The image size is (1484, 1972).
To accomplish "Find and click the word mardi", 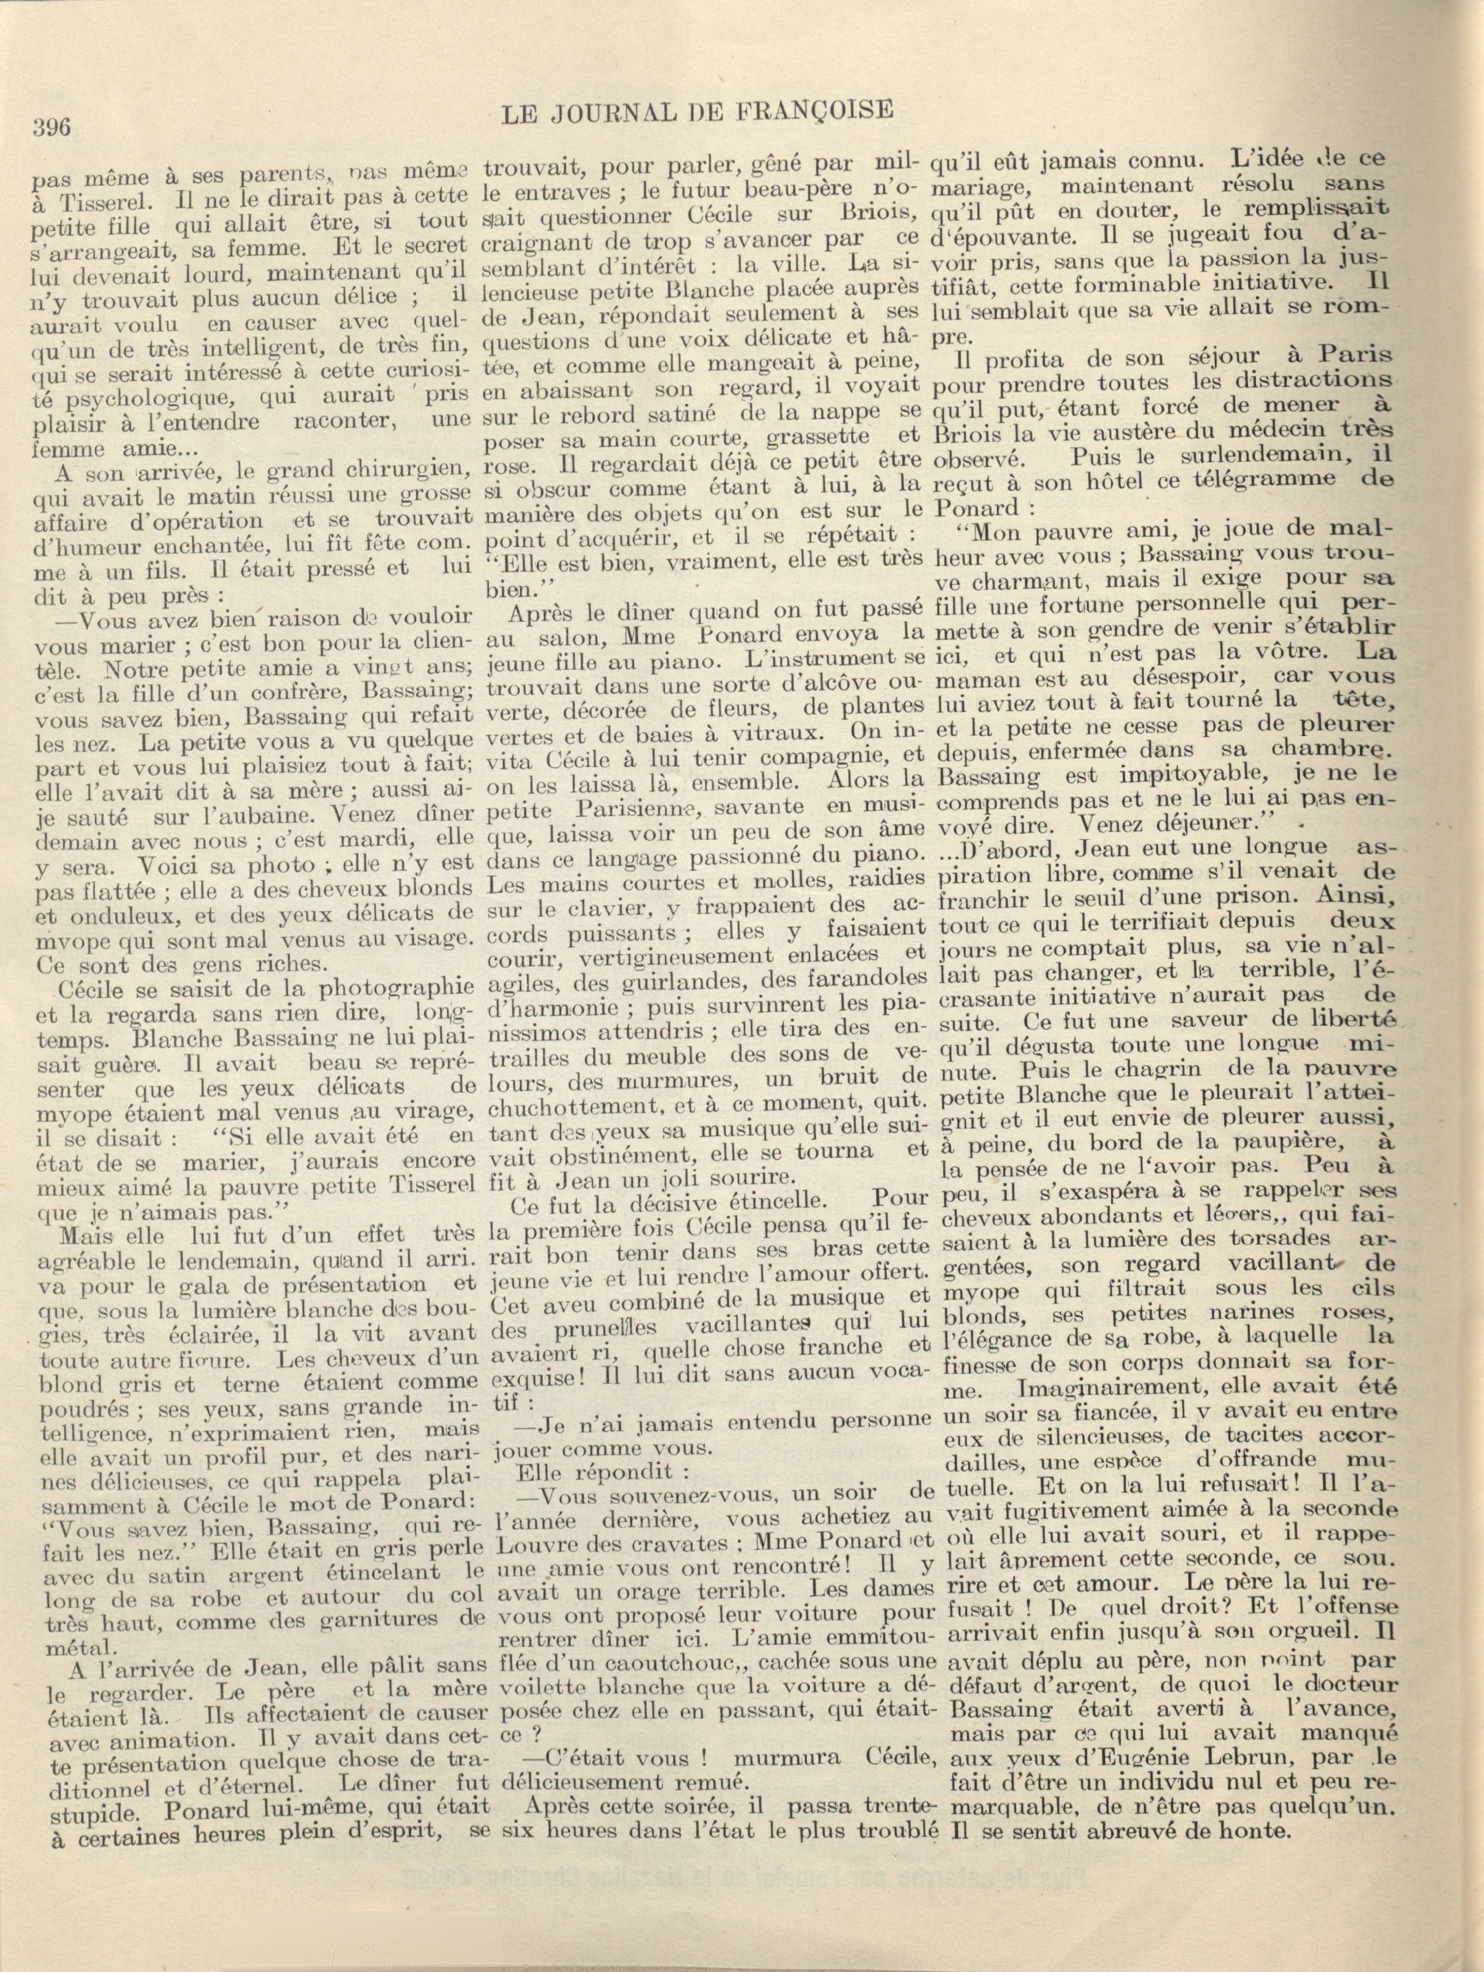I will [x=366, y=840].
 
